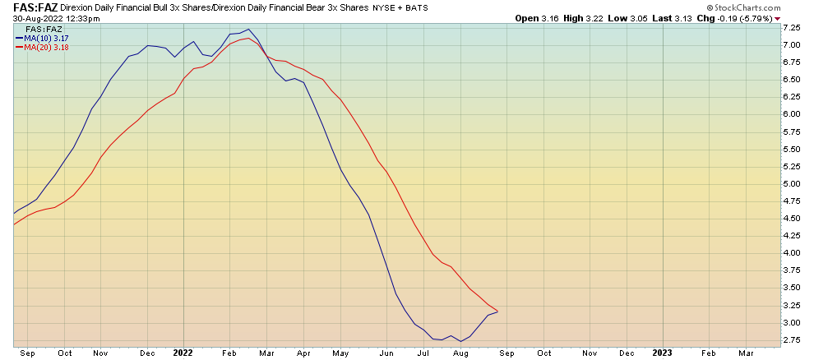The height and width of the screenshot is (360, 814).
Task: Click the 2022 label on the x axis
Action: pos(183,353)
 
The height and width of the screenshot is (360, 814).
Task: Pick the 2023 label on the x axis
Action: pos(662,353)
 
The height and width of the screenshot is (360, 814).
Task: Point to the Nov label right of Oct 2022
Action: pos(590,353)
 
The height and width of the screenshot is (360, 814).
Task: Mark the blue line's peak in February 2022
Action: pos(247,30)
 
